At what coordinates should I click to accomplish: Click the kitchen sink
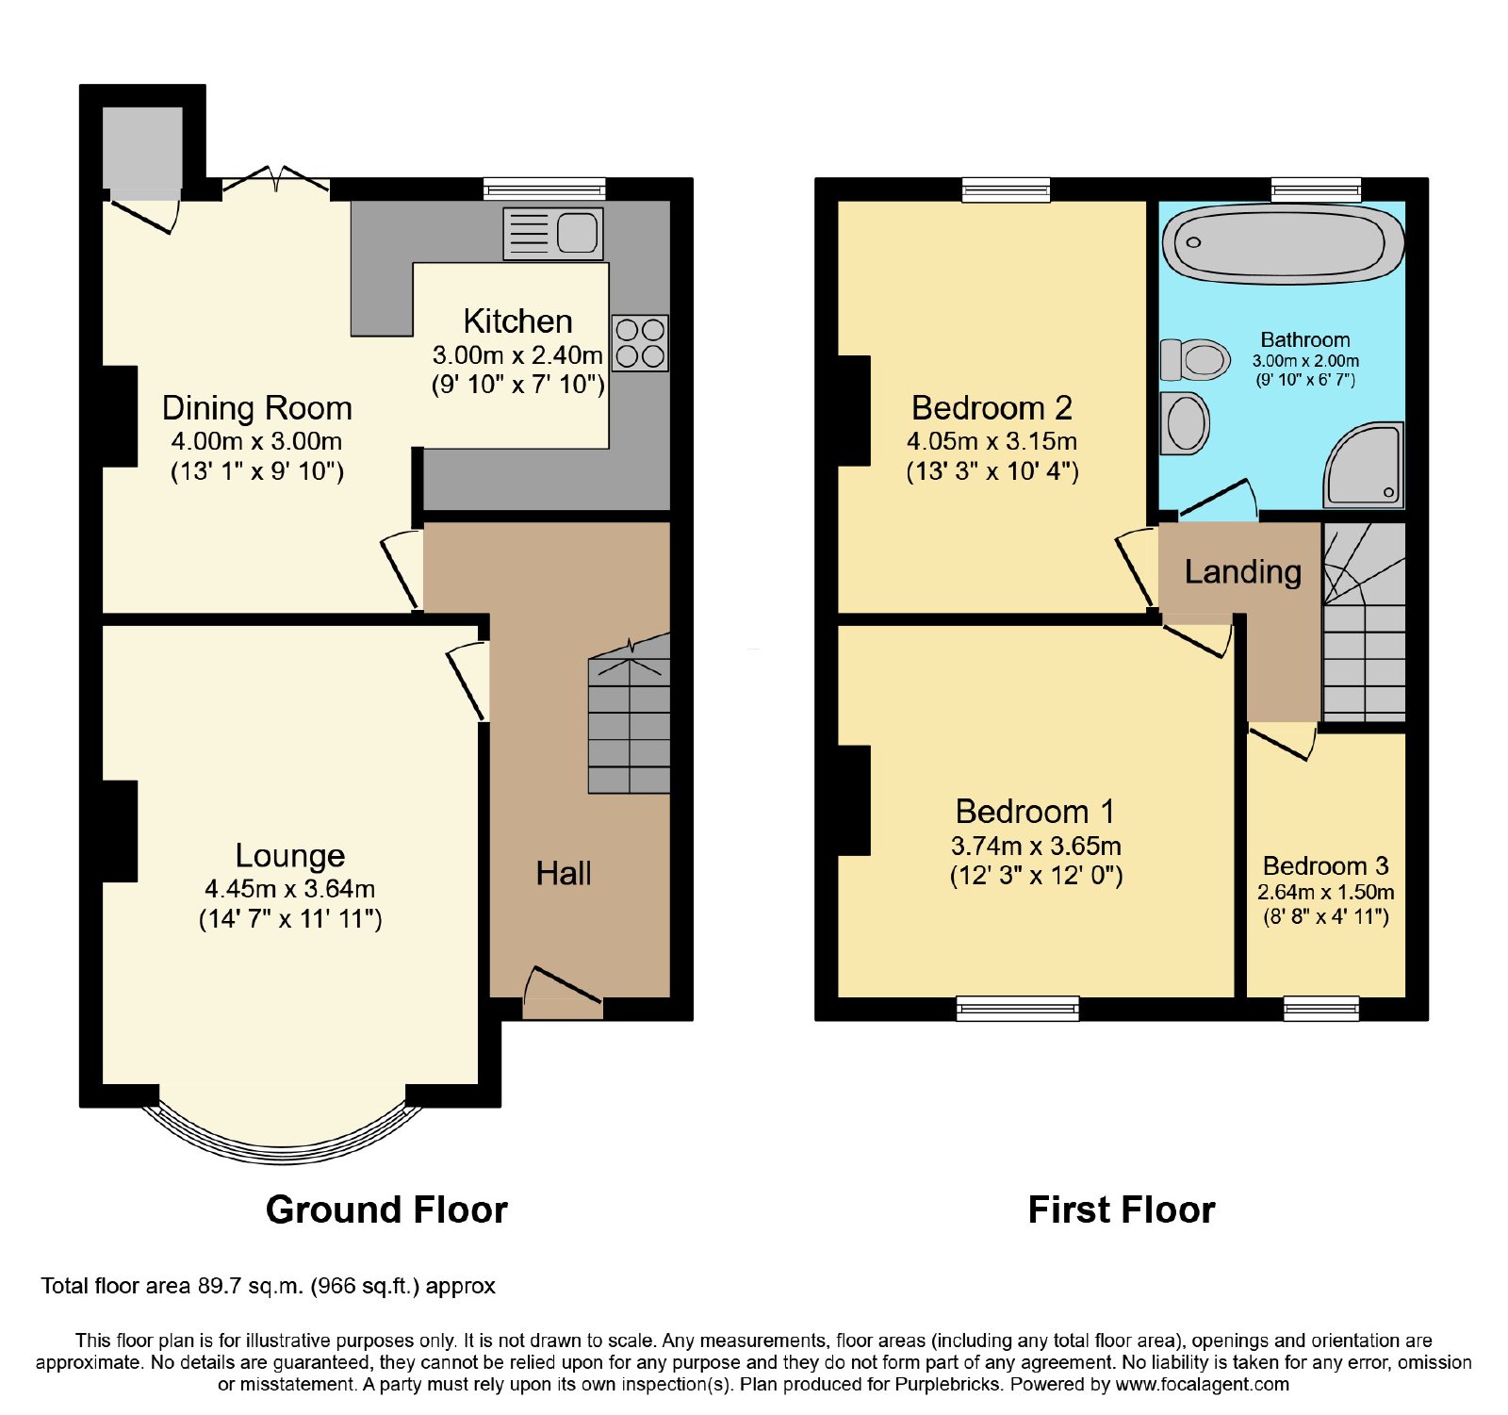pyautogui.click(x=553, y=233)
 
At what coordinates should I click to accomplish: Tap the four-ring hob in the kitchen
pyautogui.click(x=640, y=342)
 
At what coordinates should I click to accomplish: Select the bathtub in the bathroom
pyautogui.click(x=1283, y=243)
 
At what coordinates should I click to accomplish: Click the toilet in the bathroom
pyautogui.click(x=1195, y=359)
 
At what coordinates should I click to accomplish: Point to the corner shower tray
pyautogui.click(x=1365, y=465)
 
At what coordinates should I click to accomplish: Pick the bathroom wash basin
pyautogui.click(x=1185, y=423)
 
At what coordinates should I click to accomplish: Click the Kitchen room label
pyautogui.click(x=517, y=321)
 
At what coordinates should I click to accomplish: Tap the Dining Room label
pyautogui.click(x=257, y=408)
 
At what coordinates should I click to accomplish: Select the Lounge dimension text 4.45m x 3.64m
pyautogui.click(x=290, y=889)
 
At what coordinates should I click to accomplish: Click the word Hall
pyautogui.click(x=564, y=873)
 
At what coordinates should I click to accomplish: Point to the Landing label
pyautogui.click(x=1243, y=571)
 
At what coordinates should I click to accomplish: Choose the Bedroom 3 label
pyautogui.click(x=1326, y=865)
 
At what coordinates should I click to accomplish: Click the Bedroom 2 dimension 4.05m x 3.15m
pyautogui.click(x=992, y=441)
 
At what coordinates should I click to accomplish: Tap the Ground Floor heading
pyautogui.click(x=386, y=1209)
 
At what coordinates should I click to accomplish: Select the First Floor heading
pyautogui.click(x=1122, y=1209)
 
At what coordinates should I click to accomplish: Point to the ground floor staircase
pyautogui.click(x=629, y=714)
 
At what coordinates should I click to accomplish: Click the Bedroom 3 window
pyautogui.click(x=1321, y=1009)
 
